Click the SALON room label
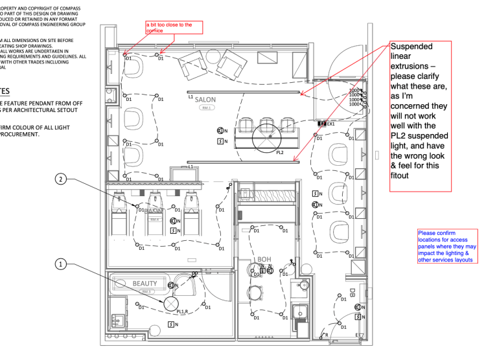205,100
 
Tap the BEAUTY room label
145,284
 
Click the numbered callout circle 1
61,264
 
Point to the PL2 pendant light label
280,153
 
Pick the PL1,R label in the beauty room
182,311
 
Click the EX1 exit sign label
330,123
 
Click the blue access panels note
447,246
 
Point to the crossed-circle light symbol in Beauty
171,303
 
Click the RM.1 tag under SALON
207,107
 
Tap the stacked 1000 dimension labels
355,97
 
